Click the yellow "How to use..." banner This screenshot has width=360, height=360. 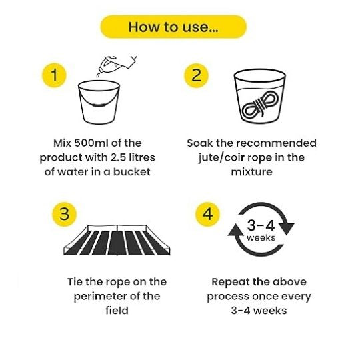pos(173,27)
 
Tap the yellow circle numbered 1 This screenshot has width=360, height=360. pos(54,75)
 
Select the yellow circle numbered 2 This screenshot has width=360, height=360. pos(196,75)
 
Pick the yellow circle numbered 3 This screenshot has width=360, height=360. pos(64,214)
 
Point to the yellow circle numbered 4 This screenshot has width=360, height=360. pos(207,214)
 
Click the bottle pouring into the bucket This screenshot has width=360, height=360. pos(117,65)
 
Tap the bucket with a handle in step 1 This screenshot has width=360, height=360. pos(99,103)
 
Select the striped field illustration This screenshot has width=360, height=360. pos(117,240)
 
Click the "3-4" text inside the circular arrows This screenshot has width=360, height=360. pos(261,225)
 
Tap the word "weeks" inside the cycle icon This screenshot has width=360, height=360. pos(261,238)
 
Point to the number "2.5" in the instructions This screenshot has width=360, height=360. pos(119,157)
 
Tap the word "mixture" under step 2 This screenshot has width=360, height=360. pos(251,172)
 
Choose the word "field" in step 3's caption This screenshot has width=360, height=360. pos(117,311)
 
